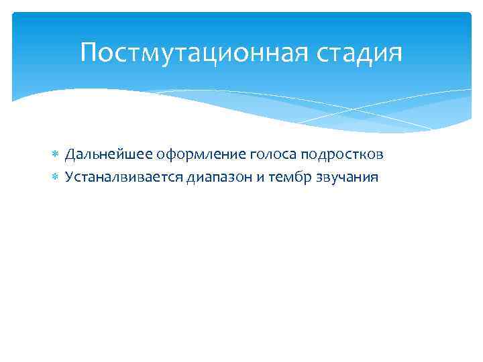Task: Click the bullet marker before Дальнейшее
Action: click(56, 156)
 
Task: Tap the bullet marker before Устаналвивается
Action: click(56, 178)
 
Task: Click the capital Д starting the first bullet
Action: click(69, 155)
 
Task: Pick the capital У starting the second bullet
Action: click(68, 178)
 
